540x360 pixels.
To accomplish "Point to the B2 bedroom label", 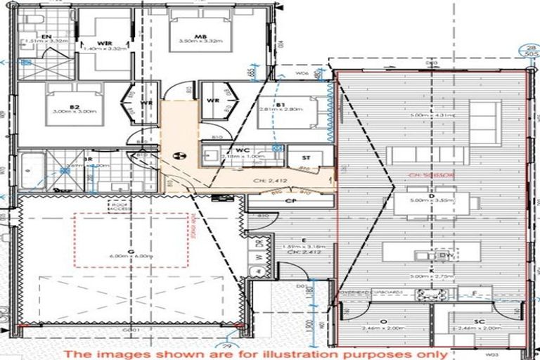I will click(x=75, y=106).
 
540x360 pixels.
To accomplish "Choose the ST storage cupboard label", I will click(x=307, y=157).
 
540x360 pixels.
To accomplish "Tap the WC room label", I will click(x=243, y=150).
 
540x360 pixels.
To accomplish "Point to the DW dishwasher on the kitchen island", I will click(x=443, y=255).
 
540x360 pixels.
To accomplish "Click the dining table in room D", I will click(x=431, y=204).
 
